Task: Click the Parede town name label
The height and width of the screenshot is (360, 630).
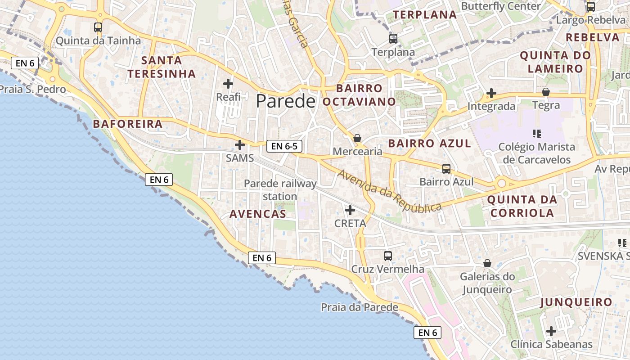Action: click(285, 101)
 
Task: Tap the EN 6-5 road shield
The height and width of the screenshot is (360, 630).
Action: click(284, 146)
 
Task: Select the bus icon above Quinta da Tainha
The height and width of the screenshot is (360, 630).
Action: click(98, 27)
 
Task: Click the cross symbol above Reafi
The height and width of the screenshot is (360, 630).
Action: click(228, 83)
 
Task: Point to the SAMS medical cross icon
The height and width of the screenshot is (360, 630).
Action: click(240, 145)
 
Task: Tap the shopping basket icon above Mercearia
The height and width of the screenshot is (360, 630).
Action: click(357, 138)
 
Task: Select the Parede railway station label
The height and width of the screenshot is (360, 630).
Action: click(280, 190)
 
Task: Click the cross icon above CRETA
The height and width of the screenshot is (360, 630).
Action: click(350, 210)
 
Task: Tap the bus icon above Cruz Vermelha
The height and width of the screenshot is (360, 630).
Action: click(387, 256)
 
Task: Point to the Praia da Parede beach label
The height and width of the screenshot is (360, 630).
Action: click(359, 307)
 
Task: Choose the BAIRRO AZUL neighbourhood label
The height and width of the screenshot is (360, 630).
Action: click(429, 144)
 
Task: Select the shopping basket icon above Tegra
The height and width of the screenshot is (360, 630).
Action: click(546, 92)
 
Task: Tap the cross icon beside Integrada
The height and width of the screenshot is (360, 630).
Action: click(491, 94)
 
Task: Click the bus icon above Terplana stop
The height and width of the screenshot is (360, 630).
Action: click(393, 39)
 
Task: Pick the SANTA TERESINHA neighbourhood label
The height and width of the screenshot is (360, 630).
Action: click(162, 67)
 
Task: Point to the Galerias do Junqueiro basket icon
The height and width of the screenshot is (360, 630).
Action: click(487, 263)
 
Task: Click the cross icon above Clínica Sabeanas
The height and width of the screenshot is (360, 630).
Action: click(551, 331)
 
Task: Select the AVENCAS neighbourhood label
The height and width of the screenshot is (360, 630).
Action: click(258, 214)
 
